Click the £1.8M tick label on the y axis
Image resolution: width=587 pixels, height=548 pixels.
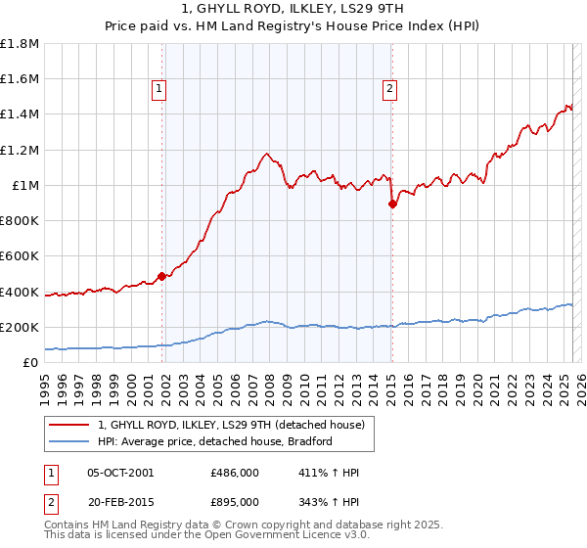[20, 44]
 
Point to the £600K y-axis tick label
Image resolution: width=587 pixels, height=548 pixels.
[20, 256]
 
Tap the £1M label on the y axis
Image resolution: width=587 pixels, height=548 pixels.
[26, 186]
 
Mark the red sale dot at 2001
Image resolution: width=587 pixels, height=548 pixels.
[161, 276]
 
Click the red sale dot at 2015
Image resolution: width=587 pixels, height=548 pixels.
[392, 204]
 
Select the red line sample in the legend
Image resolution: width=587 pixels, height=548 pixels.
[70, 425]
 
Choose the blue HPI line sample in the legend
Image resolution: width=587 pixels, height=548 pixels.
[70, 441]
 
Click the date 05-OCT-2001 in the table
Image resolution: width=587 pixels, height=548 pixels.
[120, 473]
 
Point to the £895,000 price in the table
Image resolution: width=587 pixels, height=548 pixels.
[235, 501]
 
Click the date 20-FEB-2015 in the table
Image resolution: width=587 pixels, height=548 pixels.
[120, 501]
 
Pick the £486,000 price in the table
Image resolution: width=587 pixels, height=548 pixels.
[235, 473]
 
